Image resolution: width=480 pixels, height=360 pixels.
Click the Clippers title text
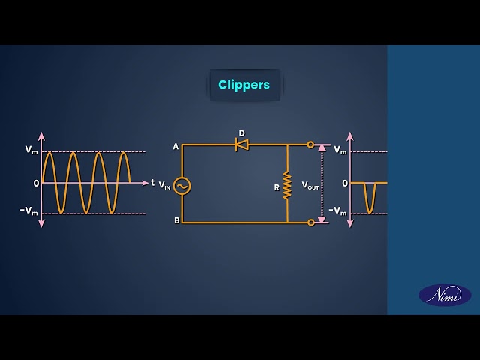tap(244, 85)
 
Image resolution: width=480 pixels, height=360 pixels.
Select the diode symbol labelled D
tap(242, 145)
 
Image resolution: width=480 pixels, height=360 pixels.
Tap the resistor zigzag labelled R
tap(287, 186)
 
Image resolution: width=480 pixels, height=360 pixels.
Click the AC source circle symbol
tap(181, 186)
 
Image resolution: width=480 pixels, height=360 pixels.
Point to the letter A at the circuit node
tap(175, 147)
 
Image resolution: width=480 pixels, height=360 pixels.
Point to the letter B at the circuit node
tap(177, 220)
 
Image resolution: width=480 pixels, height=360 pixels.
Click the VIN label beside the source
tap(164, 185)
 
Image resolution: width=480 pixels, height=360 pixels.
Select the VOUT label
tap(310, 185)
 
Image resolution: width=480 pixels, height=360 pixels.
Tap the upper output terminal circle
tap(310, 145)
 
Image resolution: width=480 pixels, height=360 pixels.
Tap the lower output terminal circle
tap(311, 223)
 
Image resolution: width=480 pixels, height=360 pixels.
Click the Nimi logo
tap(445, 295)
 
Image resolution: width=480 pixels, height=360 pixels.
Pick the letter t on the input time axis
tap(152, 183)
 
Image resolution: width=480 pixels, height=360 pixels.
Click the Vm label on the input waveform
tap(31, 150)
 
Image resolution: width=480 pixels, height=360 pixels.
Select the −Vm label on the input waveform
tap(29, 211)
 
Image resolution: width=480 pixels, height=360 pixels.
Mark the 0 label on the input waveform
tap(37, 184)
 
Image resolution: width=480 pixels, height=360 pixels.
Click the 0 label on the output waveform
tap(345, 184)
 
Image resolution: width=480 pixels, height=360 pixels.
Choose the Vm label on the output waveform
tap(340, 150)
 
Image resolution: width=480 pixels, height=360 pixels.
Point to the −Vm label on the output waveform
tap(337, 211)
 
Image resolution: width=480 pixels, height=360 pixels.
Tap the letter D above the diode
tap(241, 133)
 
